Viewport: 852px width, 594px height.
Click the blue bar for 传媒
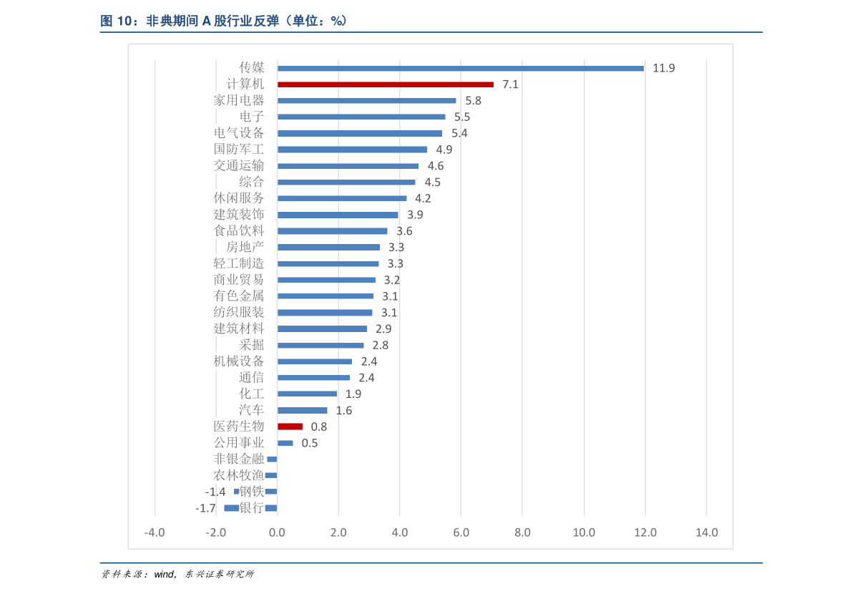(460, 68)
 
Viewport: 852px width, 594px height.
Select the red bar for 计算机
(386, 84)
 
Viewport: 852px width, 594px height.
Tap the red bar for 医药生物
(290, 427)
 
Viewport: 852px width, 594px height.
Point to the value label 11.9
(663, 68)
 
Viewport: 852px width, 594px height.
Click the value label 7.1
(510, 84)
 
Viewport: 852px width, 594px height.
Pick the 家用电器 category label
(238, 100)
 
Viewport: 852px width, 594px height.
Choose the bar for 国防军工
(352, 150)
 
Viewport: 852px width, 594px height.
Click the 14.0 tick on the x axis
(706, 532)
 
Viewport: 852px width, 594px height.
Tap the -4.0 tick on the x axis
(155, 532)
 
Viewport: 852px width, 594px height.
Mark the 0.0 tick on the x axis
(277, 532)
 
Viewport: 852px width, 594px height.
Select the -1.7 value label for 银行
(205, 508)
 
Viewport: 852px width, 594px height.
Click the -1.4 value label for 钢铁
(215, 492)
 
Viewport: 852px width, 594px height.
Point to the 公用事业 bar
(285, 443)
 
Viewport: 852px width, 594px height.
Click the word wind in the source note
(164, 575)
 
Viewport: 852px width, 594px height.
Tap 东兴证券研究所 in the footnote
(220, 575)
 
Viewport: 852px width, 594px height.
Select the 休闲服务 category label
(238, 198)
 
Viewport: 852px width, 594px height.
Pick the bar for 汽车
(302, 410)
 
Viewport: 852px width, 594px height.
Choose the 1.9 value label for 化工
(353, 394)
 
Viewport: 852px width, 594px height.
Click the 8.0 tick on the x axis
(522, 532)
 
